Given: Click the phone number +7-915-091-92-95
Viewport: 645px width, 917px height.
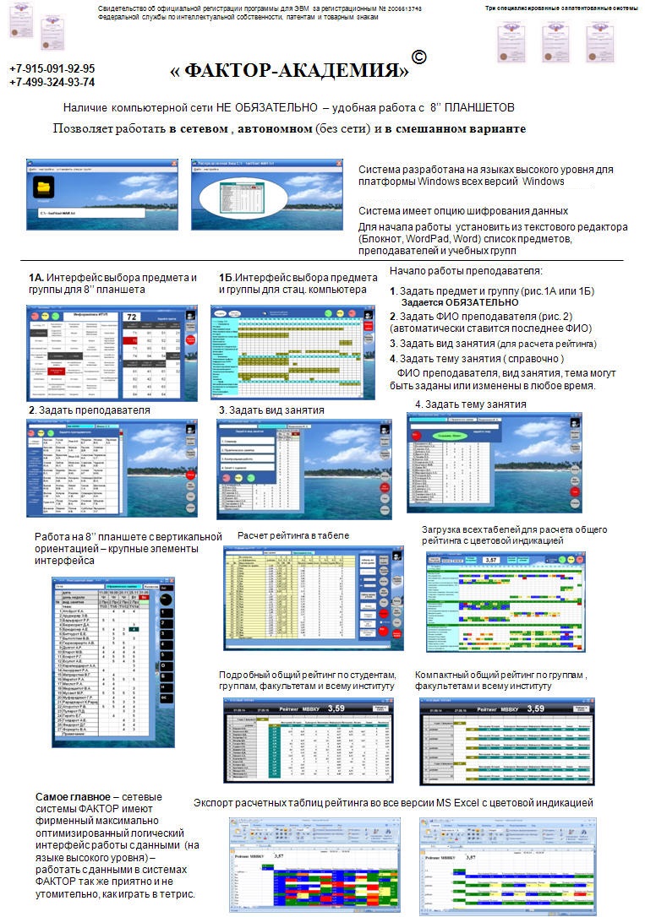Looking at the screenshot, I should click(52, 69).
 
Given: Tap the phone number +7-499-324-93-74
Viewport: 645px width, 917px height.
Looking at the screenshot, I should click(52, 83).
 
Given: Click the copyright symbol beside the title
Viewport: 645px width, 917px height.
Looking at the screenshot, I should click(418, 57).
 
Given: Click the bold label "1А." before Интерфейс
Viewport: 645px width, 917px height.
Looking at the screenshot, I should click(36, 278).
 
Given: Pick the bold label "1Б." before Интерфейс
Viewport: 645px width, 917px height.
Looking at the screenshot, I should click(226, 278).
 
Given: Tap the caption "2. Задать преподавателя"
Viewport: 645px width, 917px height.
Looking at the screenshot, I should click(89, 410).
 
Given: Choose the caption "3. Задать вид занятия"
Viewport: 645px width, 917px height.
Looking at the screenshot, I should click(271, 410).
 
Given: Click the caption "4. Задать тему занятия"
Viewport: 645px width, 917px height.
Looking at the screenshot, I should click(471, 404).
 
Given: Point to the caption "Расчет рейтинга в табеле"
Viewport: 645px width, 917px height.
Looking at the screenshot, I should click(292, 535).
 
